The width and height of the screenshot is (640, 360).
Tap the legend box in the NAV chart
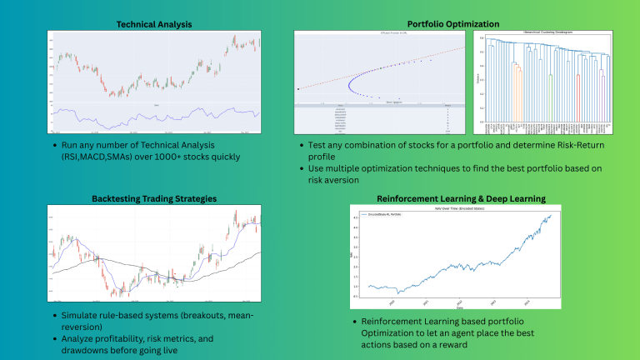pyautogui.click(x=381, y=216)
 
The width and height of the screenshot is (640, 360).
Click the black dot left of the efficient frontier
pyautogui.click(x=299, y=89)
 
